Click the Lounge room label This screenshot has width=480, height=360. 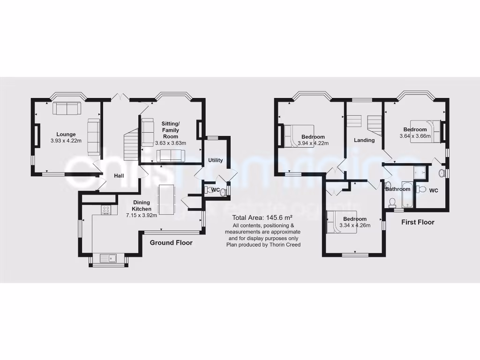(66, 134)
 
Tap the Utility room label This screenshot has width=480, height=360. (216, 160)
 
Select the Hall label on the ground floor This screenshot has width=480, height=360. (119, 176)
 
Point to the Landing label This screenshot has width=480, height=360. (364, 140)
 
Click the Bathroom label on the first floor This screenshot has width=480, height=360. (397, 189)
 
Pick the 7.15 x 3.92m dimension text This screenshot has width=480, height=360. (141, 215)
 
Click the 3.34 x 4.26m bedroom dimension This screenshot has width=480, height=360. (354, 225)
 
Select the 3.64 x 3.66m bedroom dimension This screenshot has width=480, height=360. (415, 136)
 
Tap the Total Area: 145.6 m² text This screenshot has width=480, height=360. (262, 218)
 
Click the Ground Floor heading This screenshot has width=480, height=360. (171, 243)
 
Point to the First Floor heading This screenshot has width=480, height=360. (418, 222)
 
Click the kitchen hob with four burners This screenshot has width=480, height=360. (106, 211)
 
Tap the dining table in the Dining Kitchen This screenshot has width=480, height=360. (167, 200)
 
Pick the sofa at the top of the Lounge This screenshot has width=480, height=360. (67, 108)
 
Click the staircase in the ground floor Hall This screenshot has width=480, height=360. (129, 146)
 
